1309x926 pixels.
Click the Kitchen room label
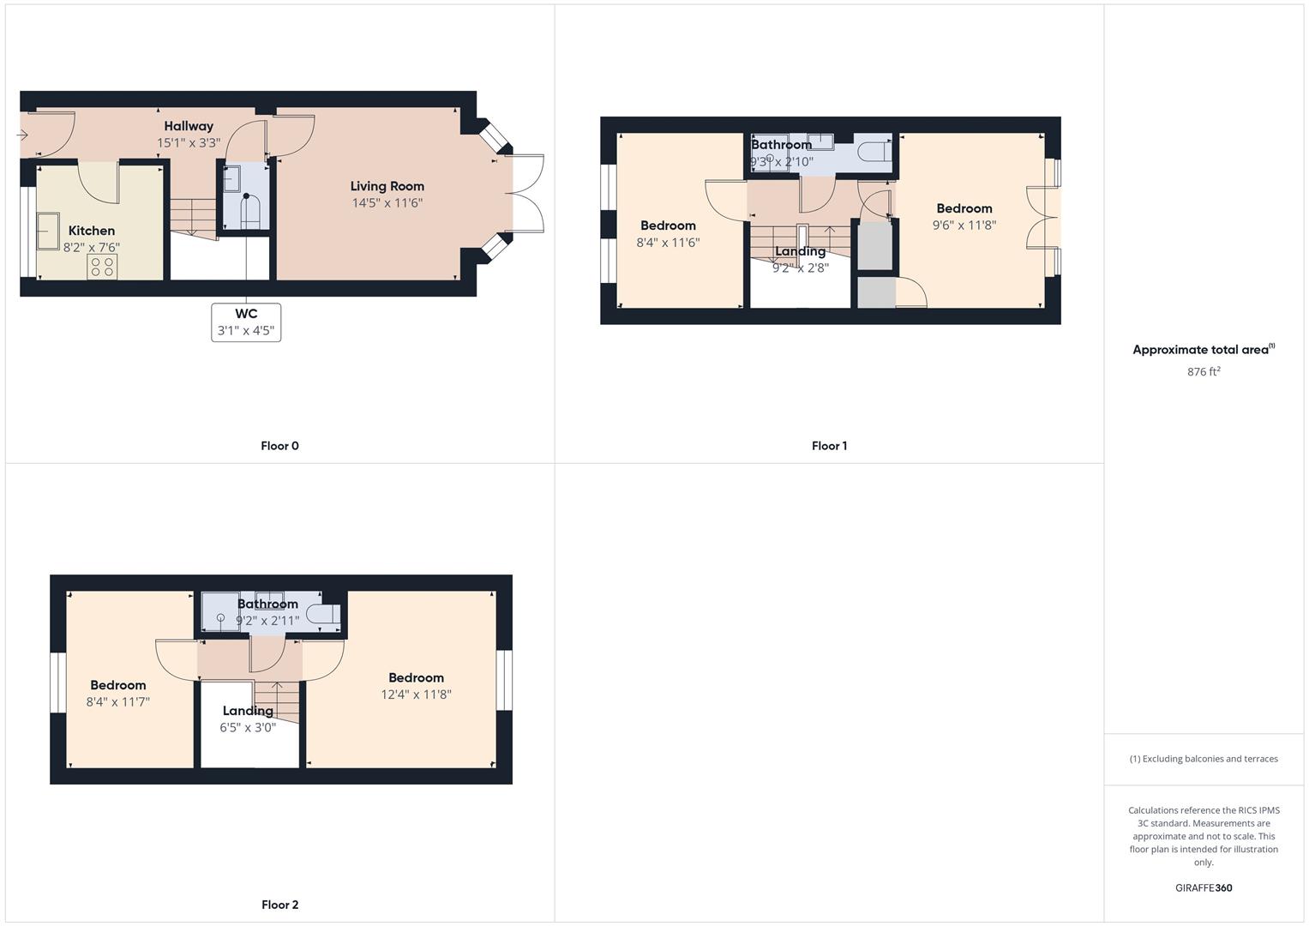(92, 231)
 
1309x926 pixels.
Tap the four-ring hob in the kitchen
(102, 267)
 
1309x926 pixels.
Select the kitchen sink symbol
(48, 231)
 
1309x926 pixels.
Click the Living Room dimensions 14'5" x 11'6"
(387, 203)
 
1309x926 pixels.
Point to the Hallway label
(189, 126)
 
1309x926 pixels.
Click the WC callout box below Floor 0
(246, 322)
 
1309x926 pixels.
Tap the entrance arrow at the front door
(22, 135)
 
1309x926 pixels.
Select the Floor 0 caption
(279, 446)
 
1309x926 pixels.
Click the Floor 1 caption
(829, 446)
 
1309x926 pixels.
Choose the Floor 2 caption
(280, 905)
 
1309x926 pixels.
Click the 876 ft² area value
(1204, 371)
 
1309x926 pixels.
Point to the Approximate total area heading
(1204, 350)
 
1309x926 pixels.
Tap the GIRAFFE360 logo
(1204, 887)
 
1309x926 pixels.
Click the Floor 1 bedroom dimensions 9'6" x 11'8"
(964, 225)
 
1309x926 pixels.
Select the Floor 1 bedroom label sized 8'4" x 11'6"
(668, 225)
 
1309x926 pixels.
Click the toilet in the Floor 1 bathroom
(874, 150)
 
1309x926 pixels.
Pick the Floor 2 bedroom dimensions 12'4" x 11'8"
(416, 694)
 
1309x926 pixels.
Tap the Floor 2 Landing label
(248, 711)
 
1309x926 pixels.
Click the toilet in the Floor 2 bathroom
(323, 615)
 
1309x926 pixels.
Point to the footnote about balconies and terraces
(1204, 759)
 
